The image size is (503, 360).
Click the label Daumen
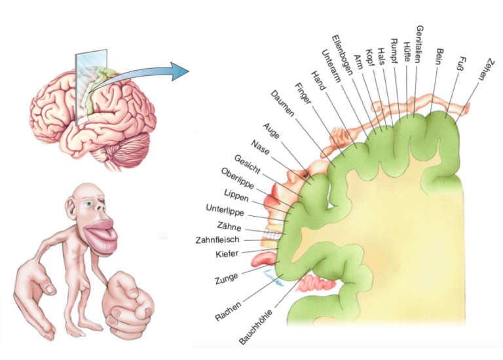[282, 103]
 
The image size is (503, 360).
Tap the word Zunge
[227, 279]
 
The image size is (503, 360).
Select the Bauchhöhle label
[255, 327]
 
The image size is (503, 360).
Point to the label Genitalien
[419, 44]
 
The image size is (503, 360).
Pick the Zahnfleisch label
[217, 240]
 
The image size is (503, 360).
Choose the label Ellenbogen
[342, 54]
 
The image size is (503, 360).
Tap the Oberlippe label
[237, 178]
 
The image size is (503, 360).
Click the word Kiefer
[227, 254]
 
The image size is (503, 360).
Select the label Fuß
[462, 63]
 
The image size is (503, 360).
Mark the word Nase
[260, 147]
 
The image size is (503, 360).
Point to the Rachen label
[228, 312]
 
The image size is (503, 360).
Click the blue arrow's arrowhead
[180, 71]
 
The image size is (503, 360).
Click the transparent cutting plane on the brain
[91, 86]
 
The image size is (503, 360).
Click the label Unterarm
[330, 65]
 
